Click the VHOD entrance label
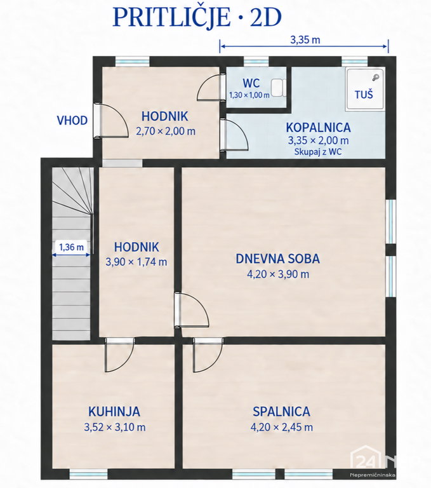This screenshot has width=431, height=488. [72, 121]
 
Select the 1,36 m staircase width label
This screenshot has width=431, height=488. [72, 247]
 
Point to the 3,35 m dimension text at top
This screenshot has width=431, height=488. [305, 40]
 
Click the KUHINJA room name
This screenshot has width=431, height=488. [114, 412]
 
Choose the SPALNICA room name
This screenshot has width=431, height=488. [281, 412]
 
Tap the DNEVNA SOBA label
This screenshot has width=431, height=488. [277, 259]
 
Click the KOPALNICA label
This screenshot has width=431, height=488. [318, 128]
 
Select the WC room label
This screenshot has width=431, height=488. [251, 83]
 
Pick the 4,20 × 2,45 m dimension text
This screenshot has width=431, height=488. [282, 427]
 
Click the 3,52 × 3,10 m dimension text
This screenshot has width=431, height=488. [115, 427]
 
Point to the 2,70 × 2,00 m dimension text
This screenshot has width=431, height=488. [166, 131]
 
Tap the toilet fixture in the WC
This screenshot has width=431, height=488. [278, 88]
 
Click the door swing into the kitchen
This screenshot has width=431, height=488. [119, 355]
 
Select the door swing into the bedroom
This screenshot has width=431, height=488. [208, 355]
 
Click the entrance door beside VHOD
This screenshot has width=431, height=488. [110, 120]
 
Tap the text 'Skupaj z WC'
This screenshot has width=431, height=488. [318, 152]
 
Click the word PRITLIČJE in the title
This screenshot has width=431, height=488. [171, 17]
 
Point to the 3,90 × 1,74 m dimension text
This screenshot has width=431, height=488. [136, 262]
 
